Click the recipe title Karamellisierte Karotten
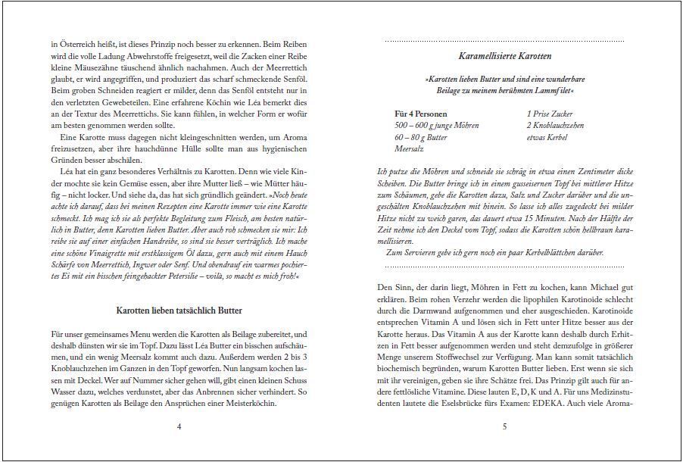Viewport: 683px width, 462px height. tap(504, 56)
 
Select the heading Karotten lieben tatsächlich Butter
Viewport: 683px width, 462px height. tap(179, 311)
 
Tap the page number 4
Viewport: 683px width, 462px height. tap(179, 426)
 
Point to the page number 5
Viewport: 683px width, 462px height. tap(504, 426)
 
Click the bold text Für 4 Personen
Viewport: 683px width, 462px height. tap(421, 114)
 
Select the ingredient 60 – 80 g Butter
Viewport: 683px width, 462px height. tap(421, 138)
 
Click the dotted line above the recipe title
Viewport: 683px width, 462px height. tap(504, 40)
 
